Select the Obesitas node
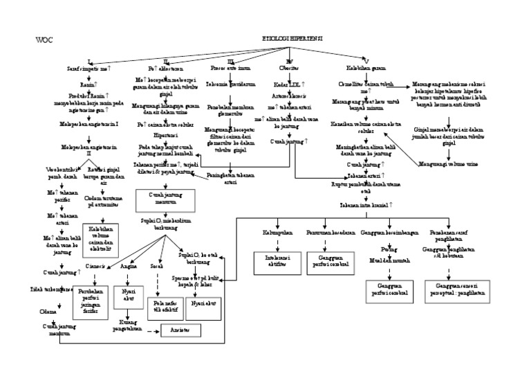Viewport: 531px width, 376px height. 284,69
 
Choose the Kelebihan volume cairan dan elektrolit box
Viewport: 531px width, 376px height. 100,238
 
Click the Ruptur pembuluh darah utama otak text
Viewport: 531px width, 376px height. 365,187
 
